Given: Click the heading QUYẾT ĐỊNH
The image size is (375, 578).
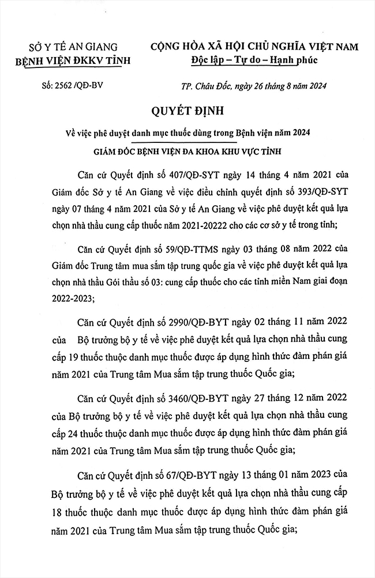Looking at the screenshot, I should click(187, 109).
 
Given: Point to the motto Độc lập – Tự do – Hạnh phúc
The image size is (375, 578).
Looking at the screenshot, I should click(254, 60).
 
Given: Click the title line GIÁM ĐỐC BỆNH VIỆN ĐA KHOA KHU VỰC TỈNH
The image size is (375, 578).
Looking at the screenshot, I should click(187, 151).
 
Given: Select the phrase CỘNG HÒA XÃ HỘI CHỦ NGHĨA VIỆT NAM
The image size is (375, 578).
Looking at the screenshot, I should click(254, 46).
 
